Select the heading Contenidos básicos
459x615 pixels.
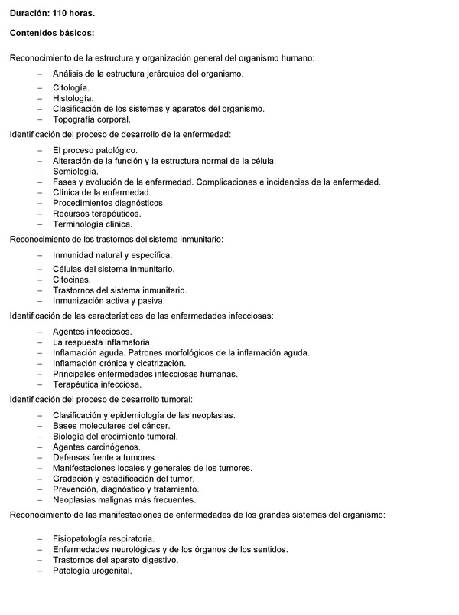52,33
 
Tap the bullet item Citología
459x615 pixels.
71,88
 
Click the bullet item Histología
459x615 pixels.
73,99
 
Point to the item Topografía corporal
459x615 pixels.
92,119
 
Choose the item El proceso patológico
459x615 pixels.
95,150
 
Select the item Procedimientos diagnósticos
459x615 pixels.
109,203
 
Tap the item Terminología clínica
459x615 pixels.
93,224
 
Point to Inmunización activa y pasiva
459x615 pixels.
109,301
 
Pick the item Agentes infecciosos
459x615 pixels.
93,331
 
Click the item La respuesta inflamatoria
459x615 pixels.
103,342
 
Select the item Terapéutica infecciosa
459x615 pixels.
97,384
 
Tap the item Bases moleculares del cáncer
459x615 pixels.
112,426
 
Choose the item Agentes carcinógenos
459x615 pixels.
96,447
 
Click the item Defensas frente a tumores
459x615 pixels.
105,457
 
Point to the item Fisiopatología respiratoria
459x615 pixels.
104,538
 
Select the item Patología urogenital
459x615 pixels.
93,571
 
